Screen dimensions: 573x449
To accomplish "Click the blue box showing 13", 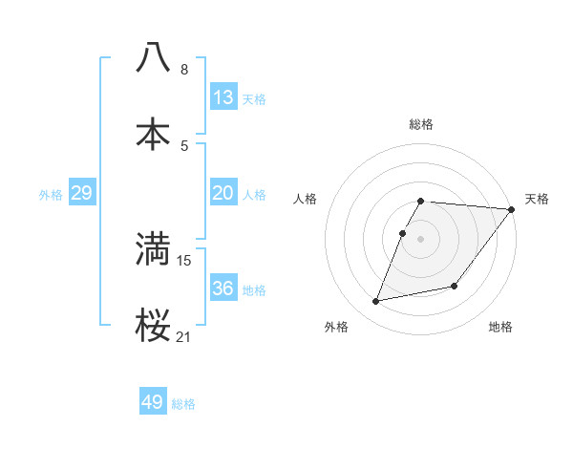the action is point(223,97).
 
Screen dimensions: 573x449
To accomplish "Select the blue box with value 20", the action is point(223,193).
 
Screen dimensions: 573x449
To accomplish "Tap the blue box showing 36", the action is point(223,289).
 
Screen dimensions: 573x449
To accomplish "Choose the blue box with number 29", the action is point(81,193).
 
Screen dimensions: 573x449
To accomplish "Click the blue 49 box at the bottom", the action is point(153,402).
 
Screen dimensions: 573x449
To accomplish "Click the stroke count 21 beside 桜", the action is point(183,337).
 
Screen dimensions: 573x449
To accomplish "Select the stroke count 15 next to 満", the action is point(184,260).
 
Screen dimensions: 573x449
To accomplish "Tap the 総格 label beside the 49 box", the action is point(183,404).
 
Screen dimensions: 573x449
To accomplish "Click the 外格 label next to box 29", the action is point(51,195).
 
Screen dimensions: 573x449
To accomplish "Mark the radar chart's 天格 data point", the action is point(511,210).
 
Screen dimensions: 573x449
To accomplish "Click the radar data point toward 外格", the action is point(376,302).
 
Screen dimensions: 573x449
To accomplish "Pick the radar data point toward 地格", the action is point(455,286).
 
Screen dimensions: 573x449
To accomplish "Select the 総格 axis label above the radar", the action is point(421,124).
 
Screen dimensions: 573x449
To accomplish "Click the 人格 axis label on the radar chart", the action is point(307,199).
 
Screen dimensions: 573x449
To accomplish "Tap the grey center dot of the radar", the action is point(421,238).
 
